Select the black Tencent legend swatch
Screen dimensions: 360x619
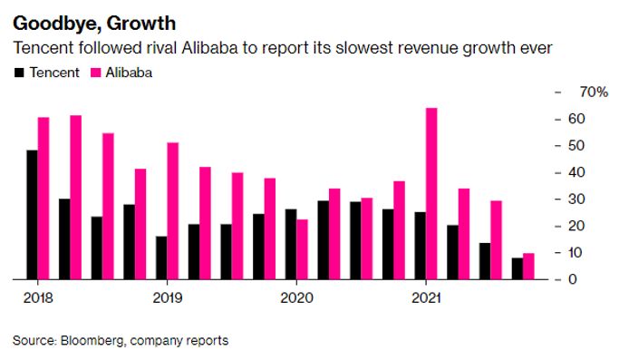click(19, 72)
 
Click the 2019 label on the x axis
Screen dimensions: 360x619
click(168, 297)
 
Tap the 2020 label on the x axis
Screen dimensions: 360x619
click(296, 297)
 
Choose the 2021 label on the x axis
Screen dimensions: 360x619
click(426, 297)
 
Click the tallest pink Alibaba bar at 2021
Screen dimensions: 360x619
click(431, 193)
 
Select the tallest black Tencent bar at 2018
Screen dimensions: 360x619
click(32, 214)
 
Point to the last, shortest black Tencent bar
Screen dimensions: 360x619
click(517, 268)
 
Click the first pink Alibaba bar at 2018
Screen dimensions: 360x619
click(44, 198)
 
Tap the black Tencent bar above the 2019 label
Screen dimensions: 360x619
click(161, 258)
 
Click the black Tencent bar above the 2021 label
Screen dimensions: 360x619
click(420, 245)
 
